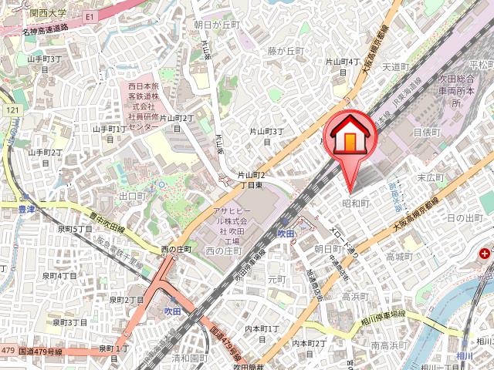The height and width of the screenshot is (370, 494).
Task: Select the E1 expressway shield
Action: [90, 15]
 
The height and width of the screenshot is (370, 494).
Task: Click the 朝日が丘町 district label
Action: [218, 25]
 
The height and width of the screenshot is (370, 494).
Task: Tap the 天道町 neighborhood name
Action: [394, 67]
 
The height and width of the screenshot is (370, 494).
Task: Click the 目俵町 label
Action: [426, 133]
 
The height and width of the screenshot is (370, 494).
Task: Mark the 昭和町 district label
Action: [356, 203]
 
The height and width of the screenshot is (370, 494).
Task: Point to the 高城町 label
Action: [401, 256]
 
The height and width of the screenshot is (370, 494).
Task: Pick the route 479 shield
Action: [8, 351]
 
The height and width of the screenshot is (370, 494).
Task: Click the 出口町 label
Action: [132, 197]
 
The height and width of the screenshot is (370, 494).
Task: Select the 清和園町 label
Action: [189, 358]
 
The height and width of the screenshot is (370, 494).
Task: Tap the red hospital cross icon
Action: [485, 253]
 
